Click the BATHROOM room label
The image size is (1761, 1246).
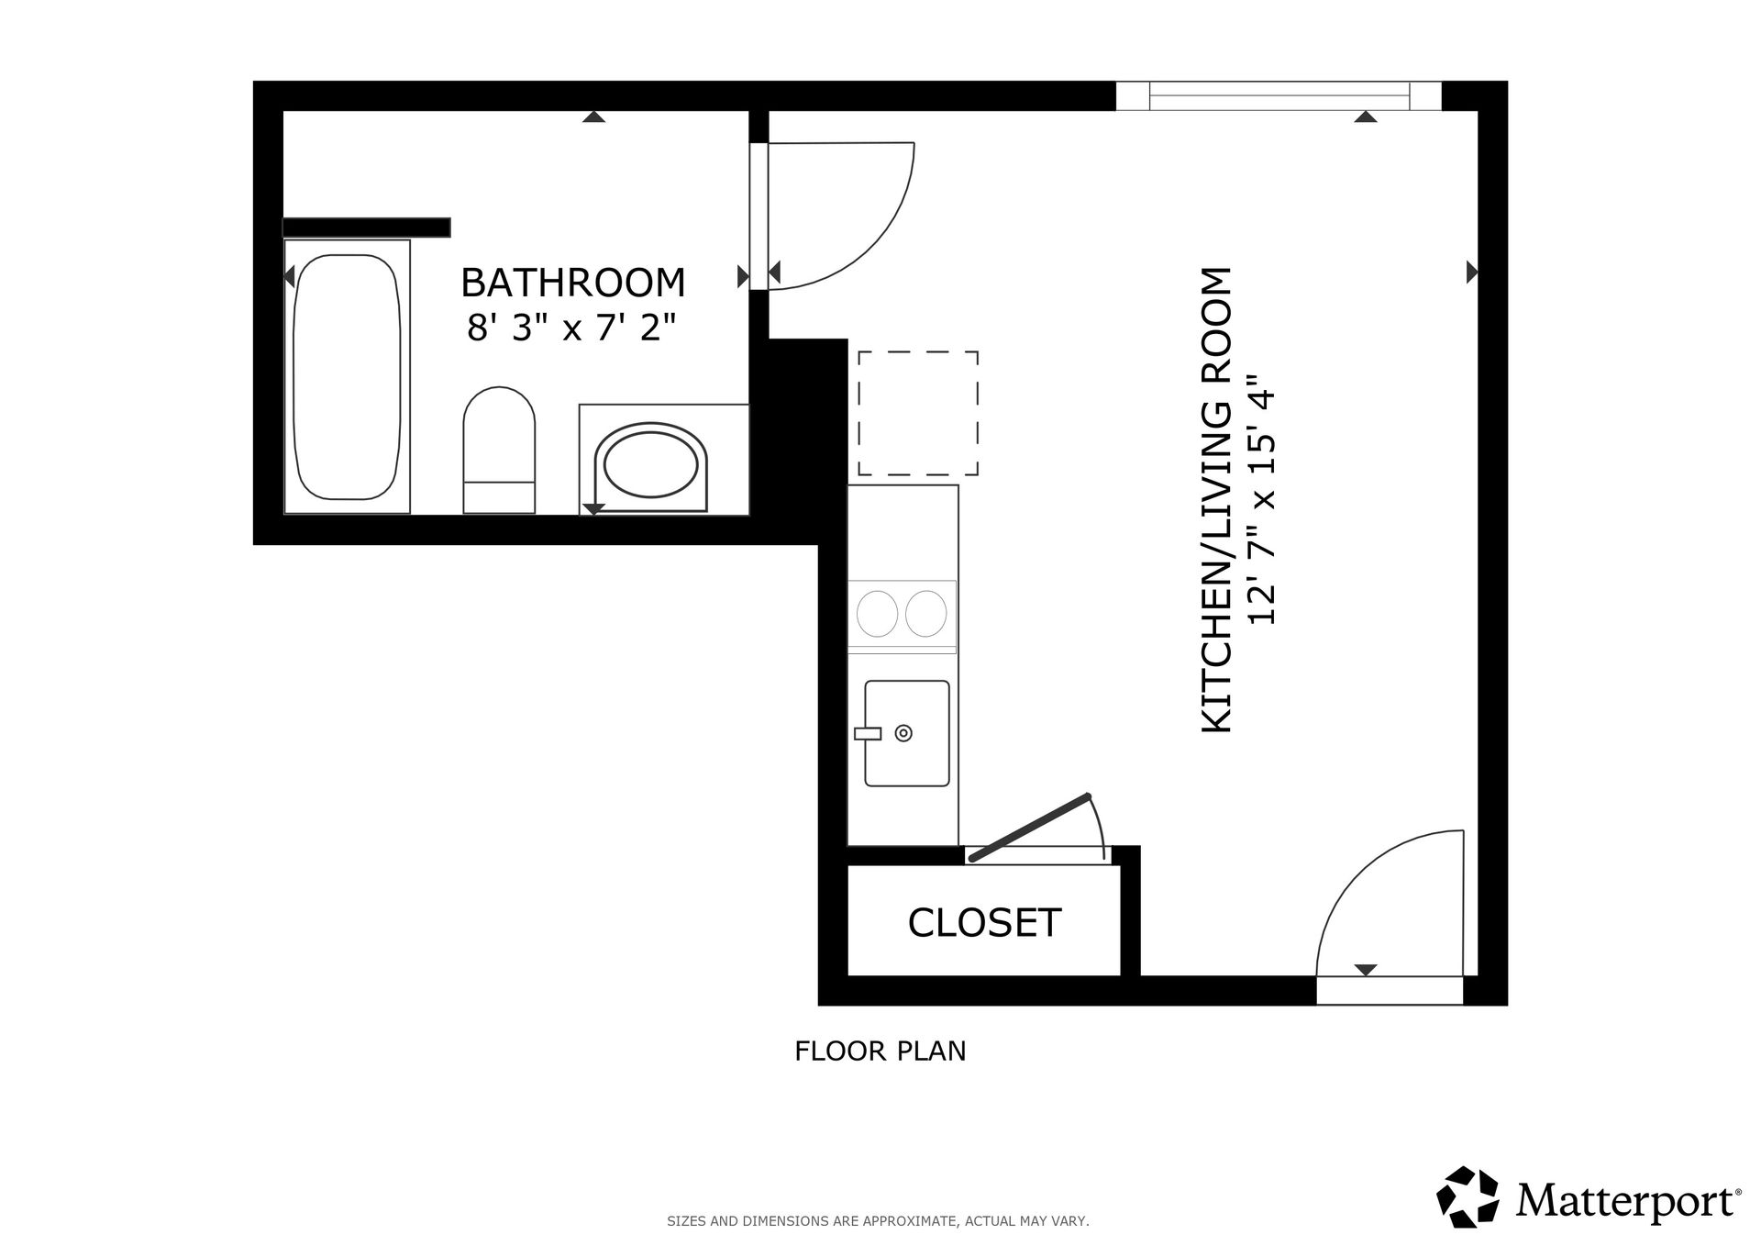click(x=573, y=283)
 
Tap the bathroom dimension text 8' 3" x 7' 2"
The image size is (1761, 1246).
click(x=572, y=327)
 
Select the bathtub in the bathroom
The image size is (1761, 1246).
click(x=347, y=376)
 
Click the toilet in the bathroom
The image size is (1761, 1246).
click(x=499, y=450)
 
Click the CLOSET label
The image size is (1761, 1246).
click(x=984, y=923)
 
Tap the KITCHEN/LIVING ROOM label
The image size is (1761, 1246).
click(x=1216, y=500)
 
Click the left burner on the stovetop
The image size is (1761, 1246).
click(x=878, y=613)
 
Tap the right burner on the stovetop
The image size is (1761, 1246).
click(x=925, y=613)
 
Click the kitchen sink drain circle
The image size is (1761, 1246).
click(x=903, y=733)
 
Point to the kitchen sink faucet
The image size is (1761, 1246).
click(x=868, y=733)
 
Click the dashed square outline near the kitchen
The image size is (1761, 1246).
click(x=918, y=413)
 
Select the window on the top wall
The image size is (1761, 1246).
click(x=1279, y=95)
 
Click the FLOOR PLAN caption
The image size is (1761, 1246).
click(x=880, y=1051)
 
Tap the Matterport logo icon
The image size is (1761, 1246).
click(x=1467, y=1196)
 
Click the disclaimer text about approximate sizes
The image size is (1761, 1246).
click(x=878, y=1221)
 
